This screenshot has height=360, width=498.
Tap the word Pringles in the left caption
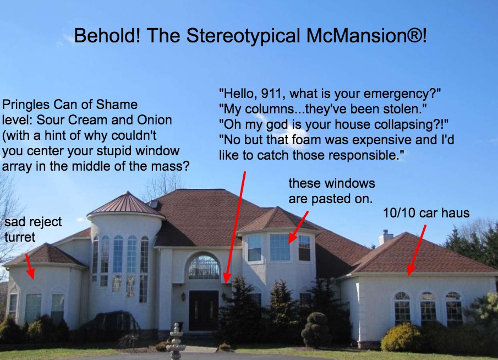pos(26,105)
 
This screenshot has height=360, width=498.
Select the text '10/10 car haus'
pos(426,212)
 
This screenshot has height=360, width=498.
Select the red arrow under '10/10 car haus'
pos(416,247)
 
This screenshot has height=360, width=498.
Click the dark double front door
pos(203,310)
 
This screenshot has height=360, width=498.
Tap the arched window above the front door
pos(204,267)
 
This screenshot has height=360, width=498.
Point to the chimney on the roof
pos(386,237)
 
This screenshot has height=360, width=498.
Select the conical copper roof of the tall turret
pos(126,204)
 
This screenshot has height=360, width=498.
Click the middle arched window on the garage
pos(428,307)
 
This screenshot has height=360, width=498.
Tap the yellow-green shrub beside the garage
pos(401,337)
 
